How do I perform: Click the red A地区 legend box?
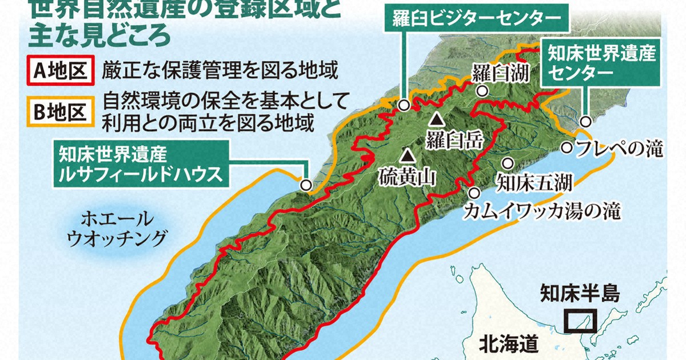[59, 71]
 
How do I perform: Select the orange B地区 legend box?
[59, 111]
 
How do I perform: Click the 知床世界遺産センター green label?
[601, 63]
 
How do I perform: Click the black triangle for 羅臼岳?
[437, 119]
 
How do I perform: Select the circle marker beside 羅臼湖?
[483, 91]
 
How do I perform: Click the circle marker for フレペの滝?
[567, 147]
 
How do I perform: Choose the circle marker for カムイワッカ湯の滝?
[474, 192]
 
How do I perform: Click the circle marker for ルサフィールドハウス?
[306, 185]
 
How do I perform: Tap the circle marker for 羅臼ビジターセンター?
[404, 105]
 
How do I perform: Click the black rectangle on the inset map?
[580, 321]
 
